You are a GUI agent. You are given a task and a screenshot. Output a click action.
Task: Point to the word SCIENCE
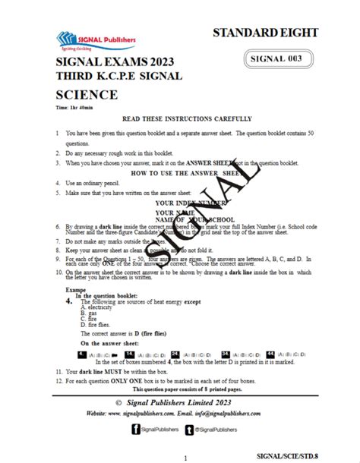tap(86, 95)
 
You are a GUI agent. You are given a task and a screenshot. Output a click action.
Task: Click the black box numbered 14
tap(130, 354)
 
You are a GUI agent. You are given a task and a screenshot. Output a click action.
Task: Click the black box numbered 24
tap(175, 354)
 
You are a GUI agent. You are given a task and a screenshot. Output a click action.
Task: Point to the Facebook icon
tap(136, 429)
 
